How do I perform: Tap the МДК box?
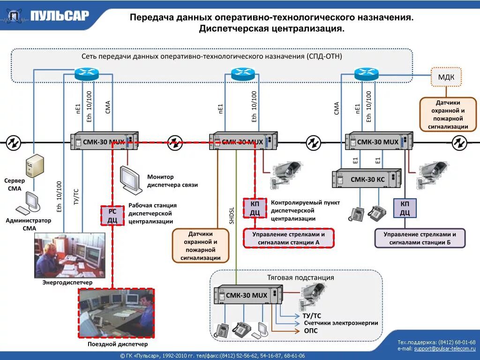pos(446,77)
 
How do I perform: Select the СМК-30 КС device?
pos(367,179)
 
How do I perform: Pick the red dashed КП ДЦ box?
pos(255,208)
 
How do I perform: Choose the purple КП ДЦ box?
pos(405,208)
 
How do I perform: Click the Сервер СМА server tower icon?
pos(35,166)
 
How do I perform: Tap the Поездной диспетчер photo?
pos(116,313)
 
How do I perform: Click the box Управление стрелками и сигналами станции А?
pos(288,238)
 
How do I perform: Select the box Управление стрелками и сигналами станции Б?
pos(420,238)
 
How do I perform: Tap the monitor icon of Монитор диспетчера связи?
pos(130,180)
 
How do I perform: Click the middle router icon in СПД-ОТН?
pos(243,74)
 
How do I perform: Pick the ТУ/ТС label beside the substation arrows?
pos(312,315)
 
